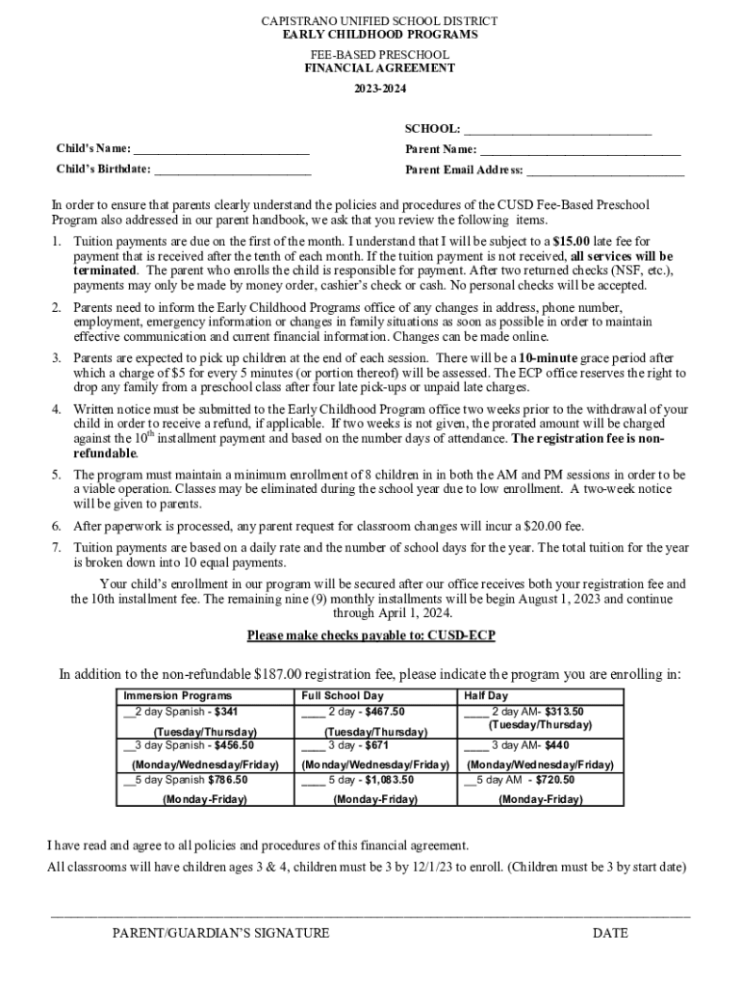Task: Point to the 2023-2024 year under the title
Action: point(379,89)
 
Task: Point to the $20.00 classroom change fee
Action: point(546,526)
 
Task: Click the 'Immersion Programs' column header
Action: point(177,695)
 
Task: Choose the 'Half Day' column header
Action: point(486,695)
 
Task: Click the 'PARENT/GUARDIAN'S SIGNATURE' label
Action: point(220,933)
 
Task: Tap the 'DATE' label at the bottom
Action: point(610,933)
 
